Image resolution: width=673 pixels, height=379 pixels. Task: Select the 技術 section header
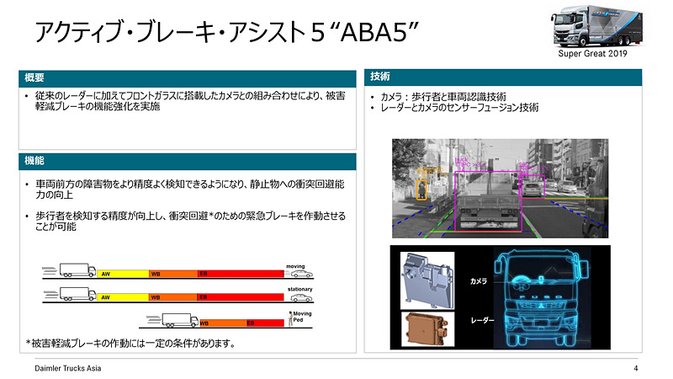point(379,77)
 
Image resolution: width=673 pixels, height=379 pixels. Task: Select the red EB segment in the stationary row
point(240,297)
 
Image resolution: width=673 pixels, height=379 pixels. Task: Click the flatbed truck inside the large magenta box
point(488,202)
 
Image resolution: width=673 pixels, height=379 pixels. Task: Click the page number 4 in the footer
point(635,368)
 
